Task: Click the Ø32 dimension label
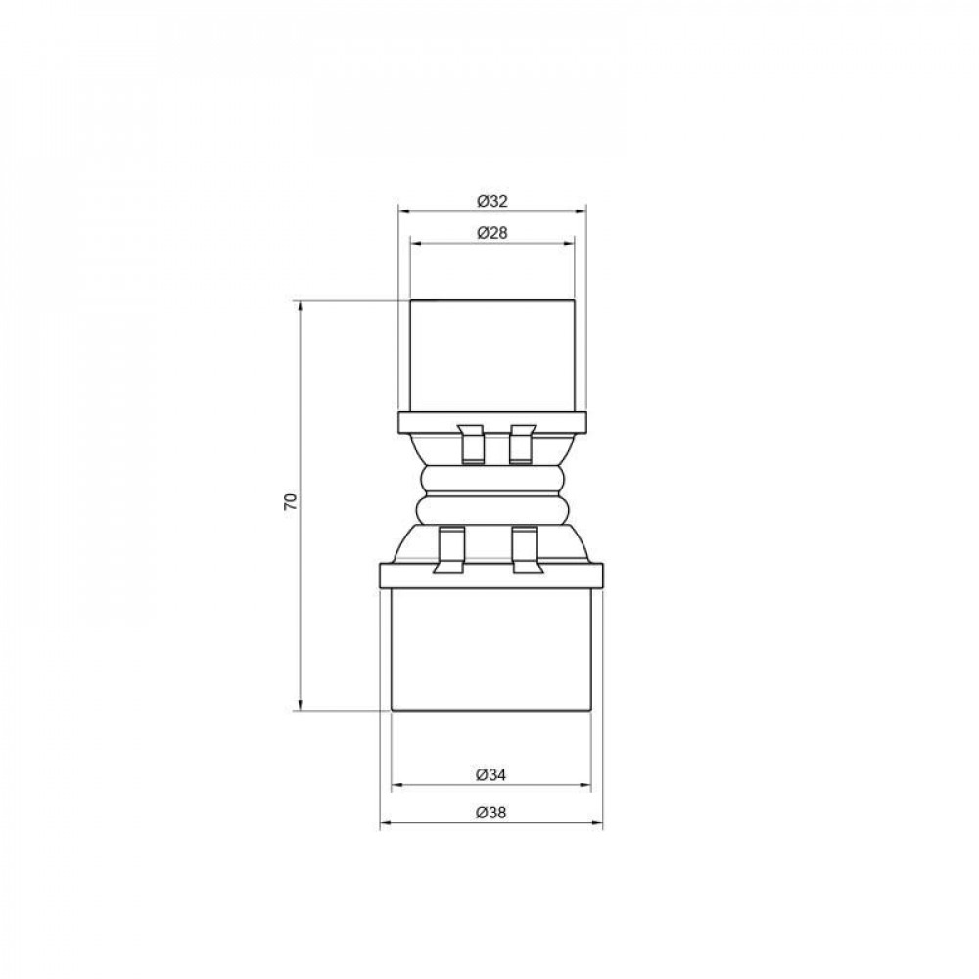coord(491,200)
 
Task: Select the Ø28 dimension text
coord(491,233)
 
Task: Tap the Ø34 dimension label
coord(491,774)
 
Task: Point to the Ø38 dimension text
coord(491,813)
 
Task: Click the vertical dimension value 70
coord(289,503)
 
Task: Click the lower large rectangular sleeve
coord(491,648)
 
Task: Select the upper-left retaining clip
coord(470,443)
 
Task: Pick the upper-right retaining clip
coord(522,443)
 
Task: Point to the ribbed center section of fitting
coord(491,496)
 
